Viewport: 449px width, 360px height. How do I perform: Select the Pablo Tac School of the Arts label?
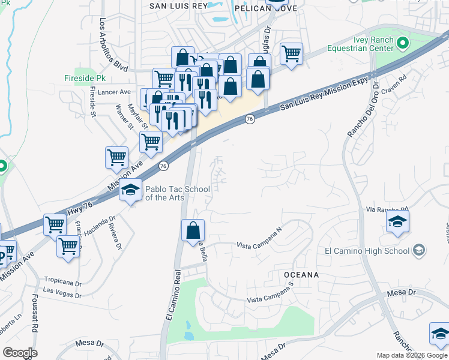178,193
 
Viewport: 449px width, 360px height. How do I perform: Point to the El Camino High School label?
367,251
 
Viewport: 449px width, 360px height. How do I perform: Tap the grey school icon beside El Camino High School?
419,250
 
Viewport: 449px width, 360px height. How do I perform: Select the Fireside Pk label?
85,78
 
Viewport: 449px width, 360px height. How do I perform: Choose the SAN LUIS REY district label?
178,7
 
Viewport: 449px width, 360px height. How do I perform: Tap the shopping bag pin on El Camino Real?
193,231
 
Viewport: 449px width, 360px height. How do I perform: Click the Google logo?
20,353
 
